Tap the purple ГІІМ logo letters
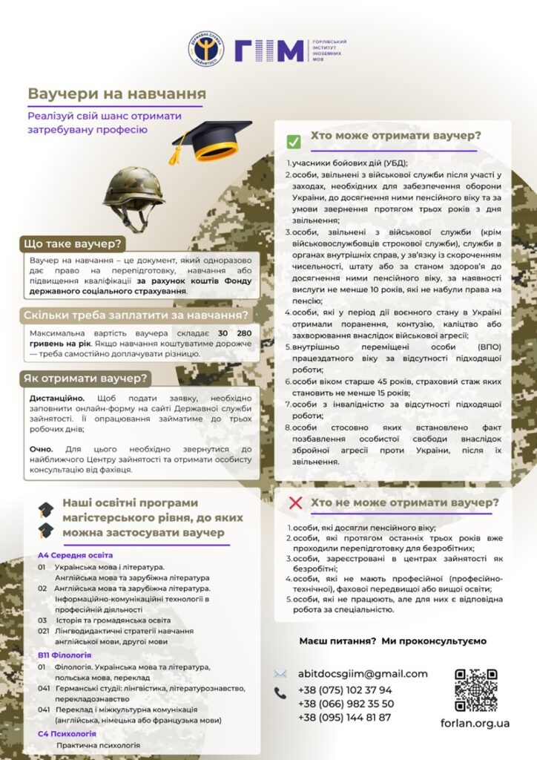[x=269, y=50]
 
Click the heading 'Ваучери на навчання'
[x=117, y=94]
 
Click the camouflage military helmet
[x=134, y=195]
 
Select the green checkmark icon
[x=294, y=141]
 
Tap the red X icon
[x=294, y=503]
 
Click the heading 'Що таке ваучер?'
[x=73, y=243]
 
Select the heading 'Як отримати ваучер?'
[x=86, y=378]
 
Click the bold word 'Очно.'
[x=42, y=449]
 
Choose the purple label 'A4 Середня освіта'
[x=76, y=555]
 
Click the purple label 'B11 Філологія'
[x=65, y=655]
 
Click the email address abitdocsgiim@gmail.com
[x=363, y=674]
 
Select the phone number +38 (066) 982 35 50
[x=346, y=704]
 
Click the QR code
[x=475, y=690]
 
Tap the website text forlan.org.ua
[x=475, y=724]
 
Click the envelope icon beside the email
[x=280, y=674]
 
